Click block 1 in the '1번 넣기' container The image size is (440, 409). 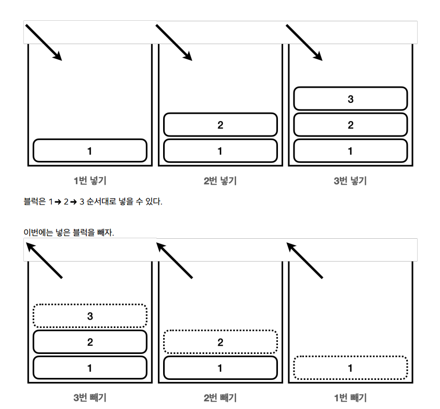click(90, 151)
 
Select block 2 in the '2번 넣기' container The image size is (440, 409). click(220, 125)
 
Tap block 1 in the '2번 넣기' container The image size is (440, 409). click(220, 151)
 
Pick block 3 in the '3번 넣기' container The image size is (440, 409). click(351, 99)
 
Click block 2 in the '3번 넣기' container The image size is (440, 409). click(351, 125)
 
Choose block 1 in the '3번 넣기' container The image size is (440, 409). click(351, 151)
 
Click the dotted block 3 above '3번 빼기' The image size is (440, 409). click(90, 316)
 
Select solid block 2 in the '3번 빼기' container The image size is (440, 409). click(90, 342)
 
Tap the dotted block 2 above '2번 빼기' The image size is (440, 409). click(220, 342)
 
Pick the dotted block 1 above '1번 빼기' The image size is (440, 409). click(351, 368)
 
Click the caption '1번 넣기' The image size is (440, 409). click(90, 181)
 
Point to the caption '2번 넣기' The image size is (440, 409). click(220, 181)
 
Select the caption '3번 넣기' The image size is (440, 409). click(351, 181)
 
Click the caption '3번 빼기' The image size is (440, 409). click(90, 398)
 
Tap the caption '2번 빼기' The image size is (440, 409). click(220, 398)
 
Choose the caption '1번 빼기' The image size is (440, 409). click(351, 398)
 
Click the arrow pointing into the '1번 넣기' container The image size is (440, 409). click(44, 42)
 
